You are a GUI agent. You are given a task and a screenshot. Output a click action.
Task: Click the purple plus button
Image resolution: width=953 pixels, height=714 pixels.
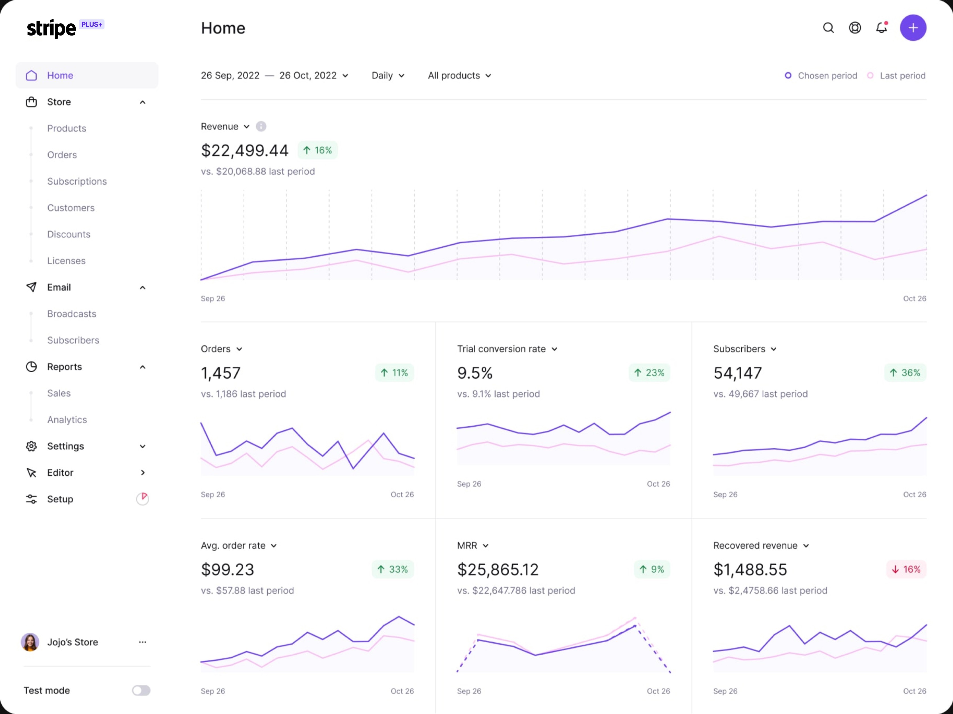[913, 28]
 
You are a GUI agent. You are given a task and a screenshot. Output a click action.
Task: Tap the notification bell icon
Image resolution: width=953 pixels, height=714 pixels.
[882, 28]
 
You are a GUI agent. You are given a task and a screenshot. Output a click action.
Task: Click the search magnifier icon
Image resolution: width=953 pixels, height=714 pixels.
[828, 28]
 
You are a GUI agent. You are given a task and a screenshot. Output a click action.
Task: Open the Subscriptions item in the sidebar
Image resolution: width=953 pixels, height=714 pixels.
[77, 181]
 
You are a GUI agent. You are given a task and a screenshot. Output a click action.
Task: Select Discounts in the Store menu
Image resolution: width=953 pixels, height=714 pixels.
[69, 234]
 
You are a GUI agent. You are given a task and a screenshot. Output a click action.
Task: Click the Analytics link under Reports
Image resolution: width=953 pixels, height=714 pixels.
[67, 420]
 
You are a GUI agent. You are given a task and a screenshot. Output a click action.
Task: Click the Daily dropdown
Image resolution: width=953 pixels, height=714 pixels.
[388, 76]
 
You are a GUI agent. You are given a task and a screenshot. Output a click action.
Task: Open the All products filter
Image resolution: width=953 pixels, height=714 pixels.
[459, 76]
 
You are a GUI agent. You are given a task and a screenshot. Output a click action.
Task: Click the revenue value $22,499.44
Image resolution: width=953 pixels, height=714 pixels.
[245, 150]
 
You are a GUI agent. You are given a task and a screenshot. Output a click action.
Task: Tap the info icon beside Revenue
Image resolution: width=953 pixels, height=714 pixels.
[261, 126]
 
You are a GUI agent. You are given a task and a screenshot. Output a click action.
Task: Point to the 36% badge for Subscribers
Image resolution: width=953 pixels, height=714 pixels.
[905, 373]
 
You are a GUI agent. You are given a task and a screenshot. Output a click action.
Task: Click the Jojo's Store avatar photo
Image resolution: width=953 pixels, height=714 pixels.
[30, 642]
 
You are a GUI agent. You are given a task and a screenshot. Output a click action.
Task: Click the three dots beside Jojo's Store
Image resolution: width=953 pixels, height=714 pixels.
[143, 642]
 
